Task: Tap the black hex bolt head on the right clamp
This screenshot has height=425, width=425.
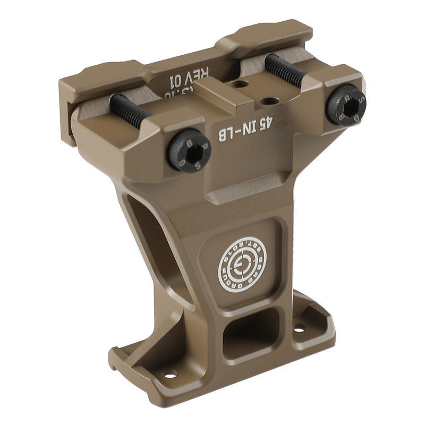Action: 346,106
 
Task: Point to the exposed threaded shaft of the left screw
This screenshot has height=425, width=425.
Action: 130,110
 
